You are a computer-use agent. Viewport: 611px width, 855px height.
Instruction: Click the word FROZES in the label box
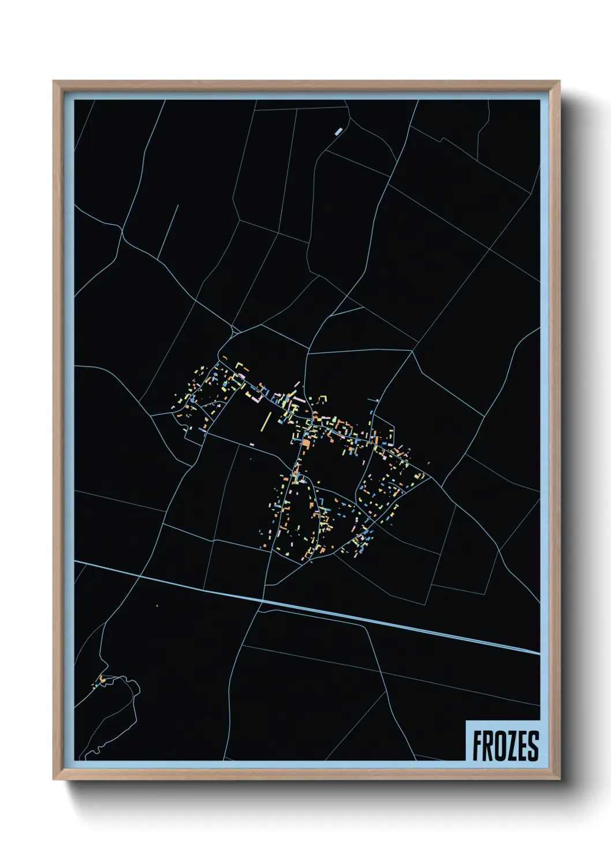(505, 745)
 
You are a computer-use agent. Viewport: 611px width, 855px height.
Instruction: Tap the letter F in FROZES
(478, 746)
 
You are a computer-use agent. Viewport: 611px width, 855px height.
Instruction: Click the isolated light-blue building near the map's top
(338, 131)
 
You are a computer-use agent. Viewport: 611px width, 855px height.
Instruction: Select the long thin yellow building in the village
(266, 421)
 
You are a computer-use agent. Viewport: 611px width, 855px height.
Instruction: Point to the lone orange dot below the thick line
(157, 605)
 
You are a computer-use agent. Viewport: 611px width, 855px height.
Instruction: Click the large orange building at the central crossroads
(306, 443)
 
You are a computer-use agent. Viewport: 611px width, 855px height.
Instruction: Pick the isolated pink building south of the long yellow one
(252, 444)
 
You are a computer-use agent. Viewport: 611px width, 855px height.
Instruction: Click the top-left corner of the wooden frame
(54, 81)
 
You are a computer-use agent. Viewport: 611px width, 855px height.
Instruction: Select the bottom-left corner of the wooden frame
(54, 779)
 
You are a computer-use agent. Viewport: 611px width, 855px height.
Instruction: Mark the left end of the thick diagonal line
(76, 561)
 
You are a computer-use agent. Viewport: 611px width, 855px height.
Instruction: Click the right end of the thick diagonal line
(539, 653)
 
